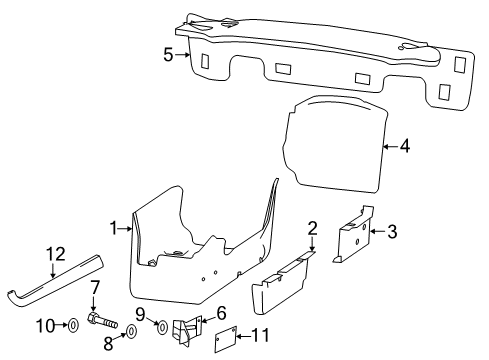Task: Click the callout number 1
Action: [114, 228]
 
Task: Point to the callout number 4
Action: [404, 146]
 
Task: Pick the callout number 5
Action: [170, 56]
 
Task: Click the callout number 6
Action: [221, 313]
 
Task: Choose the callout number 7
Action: [95, 289]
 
